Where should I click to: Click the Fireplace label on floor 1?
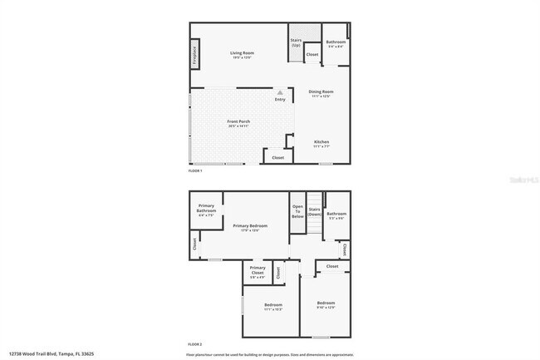194,56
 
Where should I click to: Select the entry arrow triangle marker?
280,92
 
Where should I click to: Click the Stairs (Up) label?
295,42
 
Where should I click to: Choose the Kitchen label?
322,142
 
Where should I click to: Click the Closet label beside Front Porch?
277,156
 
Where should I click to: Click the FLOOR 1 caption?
195,170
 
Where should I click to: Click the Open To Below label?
297,210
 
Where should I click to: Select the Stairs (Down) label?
314,212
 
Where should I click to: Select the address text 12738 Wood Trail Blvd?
47,353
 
